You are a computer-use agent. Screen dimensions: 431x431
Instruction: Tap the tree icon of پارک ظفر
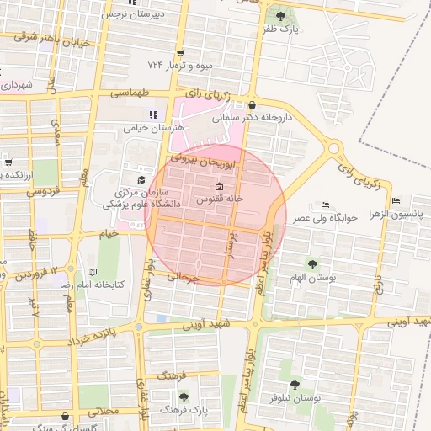[x=279, y=14]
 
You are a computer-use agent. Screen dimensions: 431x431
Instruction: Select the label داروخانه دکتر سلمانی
[x=255, y=119]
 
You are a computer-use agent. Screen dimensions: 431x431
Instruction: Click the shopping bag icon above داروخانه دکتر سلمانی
[x=253, y=104]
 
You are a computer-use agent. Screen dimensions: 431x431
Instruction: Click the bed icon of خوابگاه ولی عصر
[x=325, y=205]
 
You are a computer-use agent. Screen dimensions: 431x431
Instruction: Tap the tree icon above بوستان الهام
[x=315, y=264]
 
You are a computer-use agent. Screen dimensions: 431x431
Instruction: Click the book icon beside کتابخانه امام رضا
[x=93, y=272]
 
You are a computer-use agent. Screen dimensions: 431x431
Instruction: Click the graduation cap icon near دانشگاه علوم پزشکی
[x=141, y=179]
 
